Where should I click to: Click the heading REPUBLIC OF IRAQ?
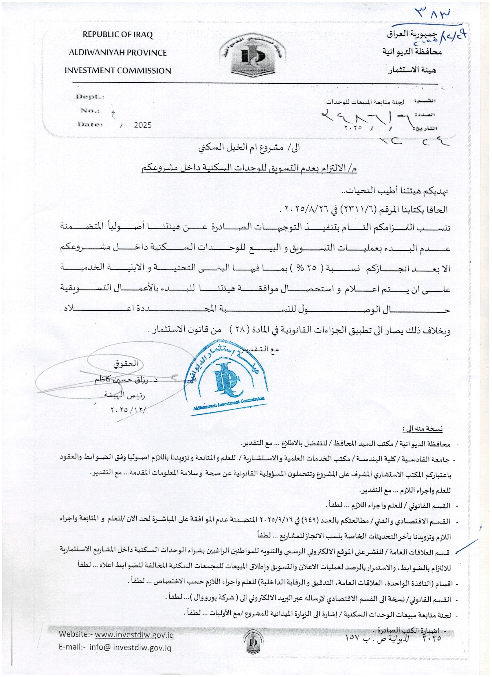click(x=118, y=35)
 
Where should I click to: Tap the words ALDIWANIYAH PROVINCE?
click(x=118, y=53)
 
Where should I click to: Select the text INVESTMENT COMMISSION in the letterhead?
click(x=118, y=71)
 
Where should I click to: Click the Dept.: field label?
click(x=90, y=97)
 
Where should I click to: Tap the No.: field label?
click(x=90, y=110)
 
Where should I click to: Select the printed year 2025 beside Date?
click(x=143, y=125)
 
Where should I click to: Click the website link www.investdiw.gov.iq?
click(x=134, y=634)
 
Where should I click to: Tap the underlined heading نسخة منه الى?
click(x=423, y=429)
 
